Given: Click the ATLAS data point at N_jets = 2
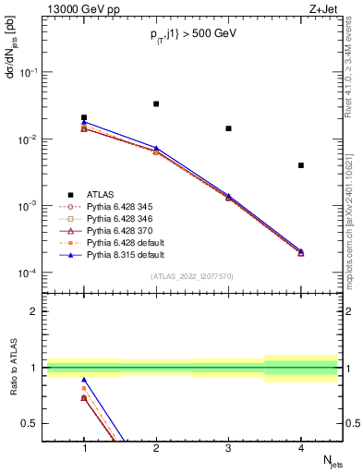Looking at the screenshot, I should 156,103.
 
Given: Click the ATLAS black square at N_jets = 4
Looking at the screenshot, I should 301,165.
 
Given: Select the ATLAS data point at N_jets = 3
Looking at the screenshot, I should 228,128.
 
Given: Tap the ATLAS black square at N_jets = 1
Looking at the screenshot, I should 84,117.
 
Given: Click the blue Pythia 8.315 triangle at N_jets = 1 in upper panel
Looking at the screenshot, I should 84,122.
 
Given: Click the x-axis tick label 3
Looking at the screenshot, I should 228,447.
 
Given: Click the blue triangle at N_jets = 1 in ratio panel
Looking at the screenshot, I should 84,380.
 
